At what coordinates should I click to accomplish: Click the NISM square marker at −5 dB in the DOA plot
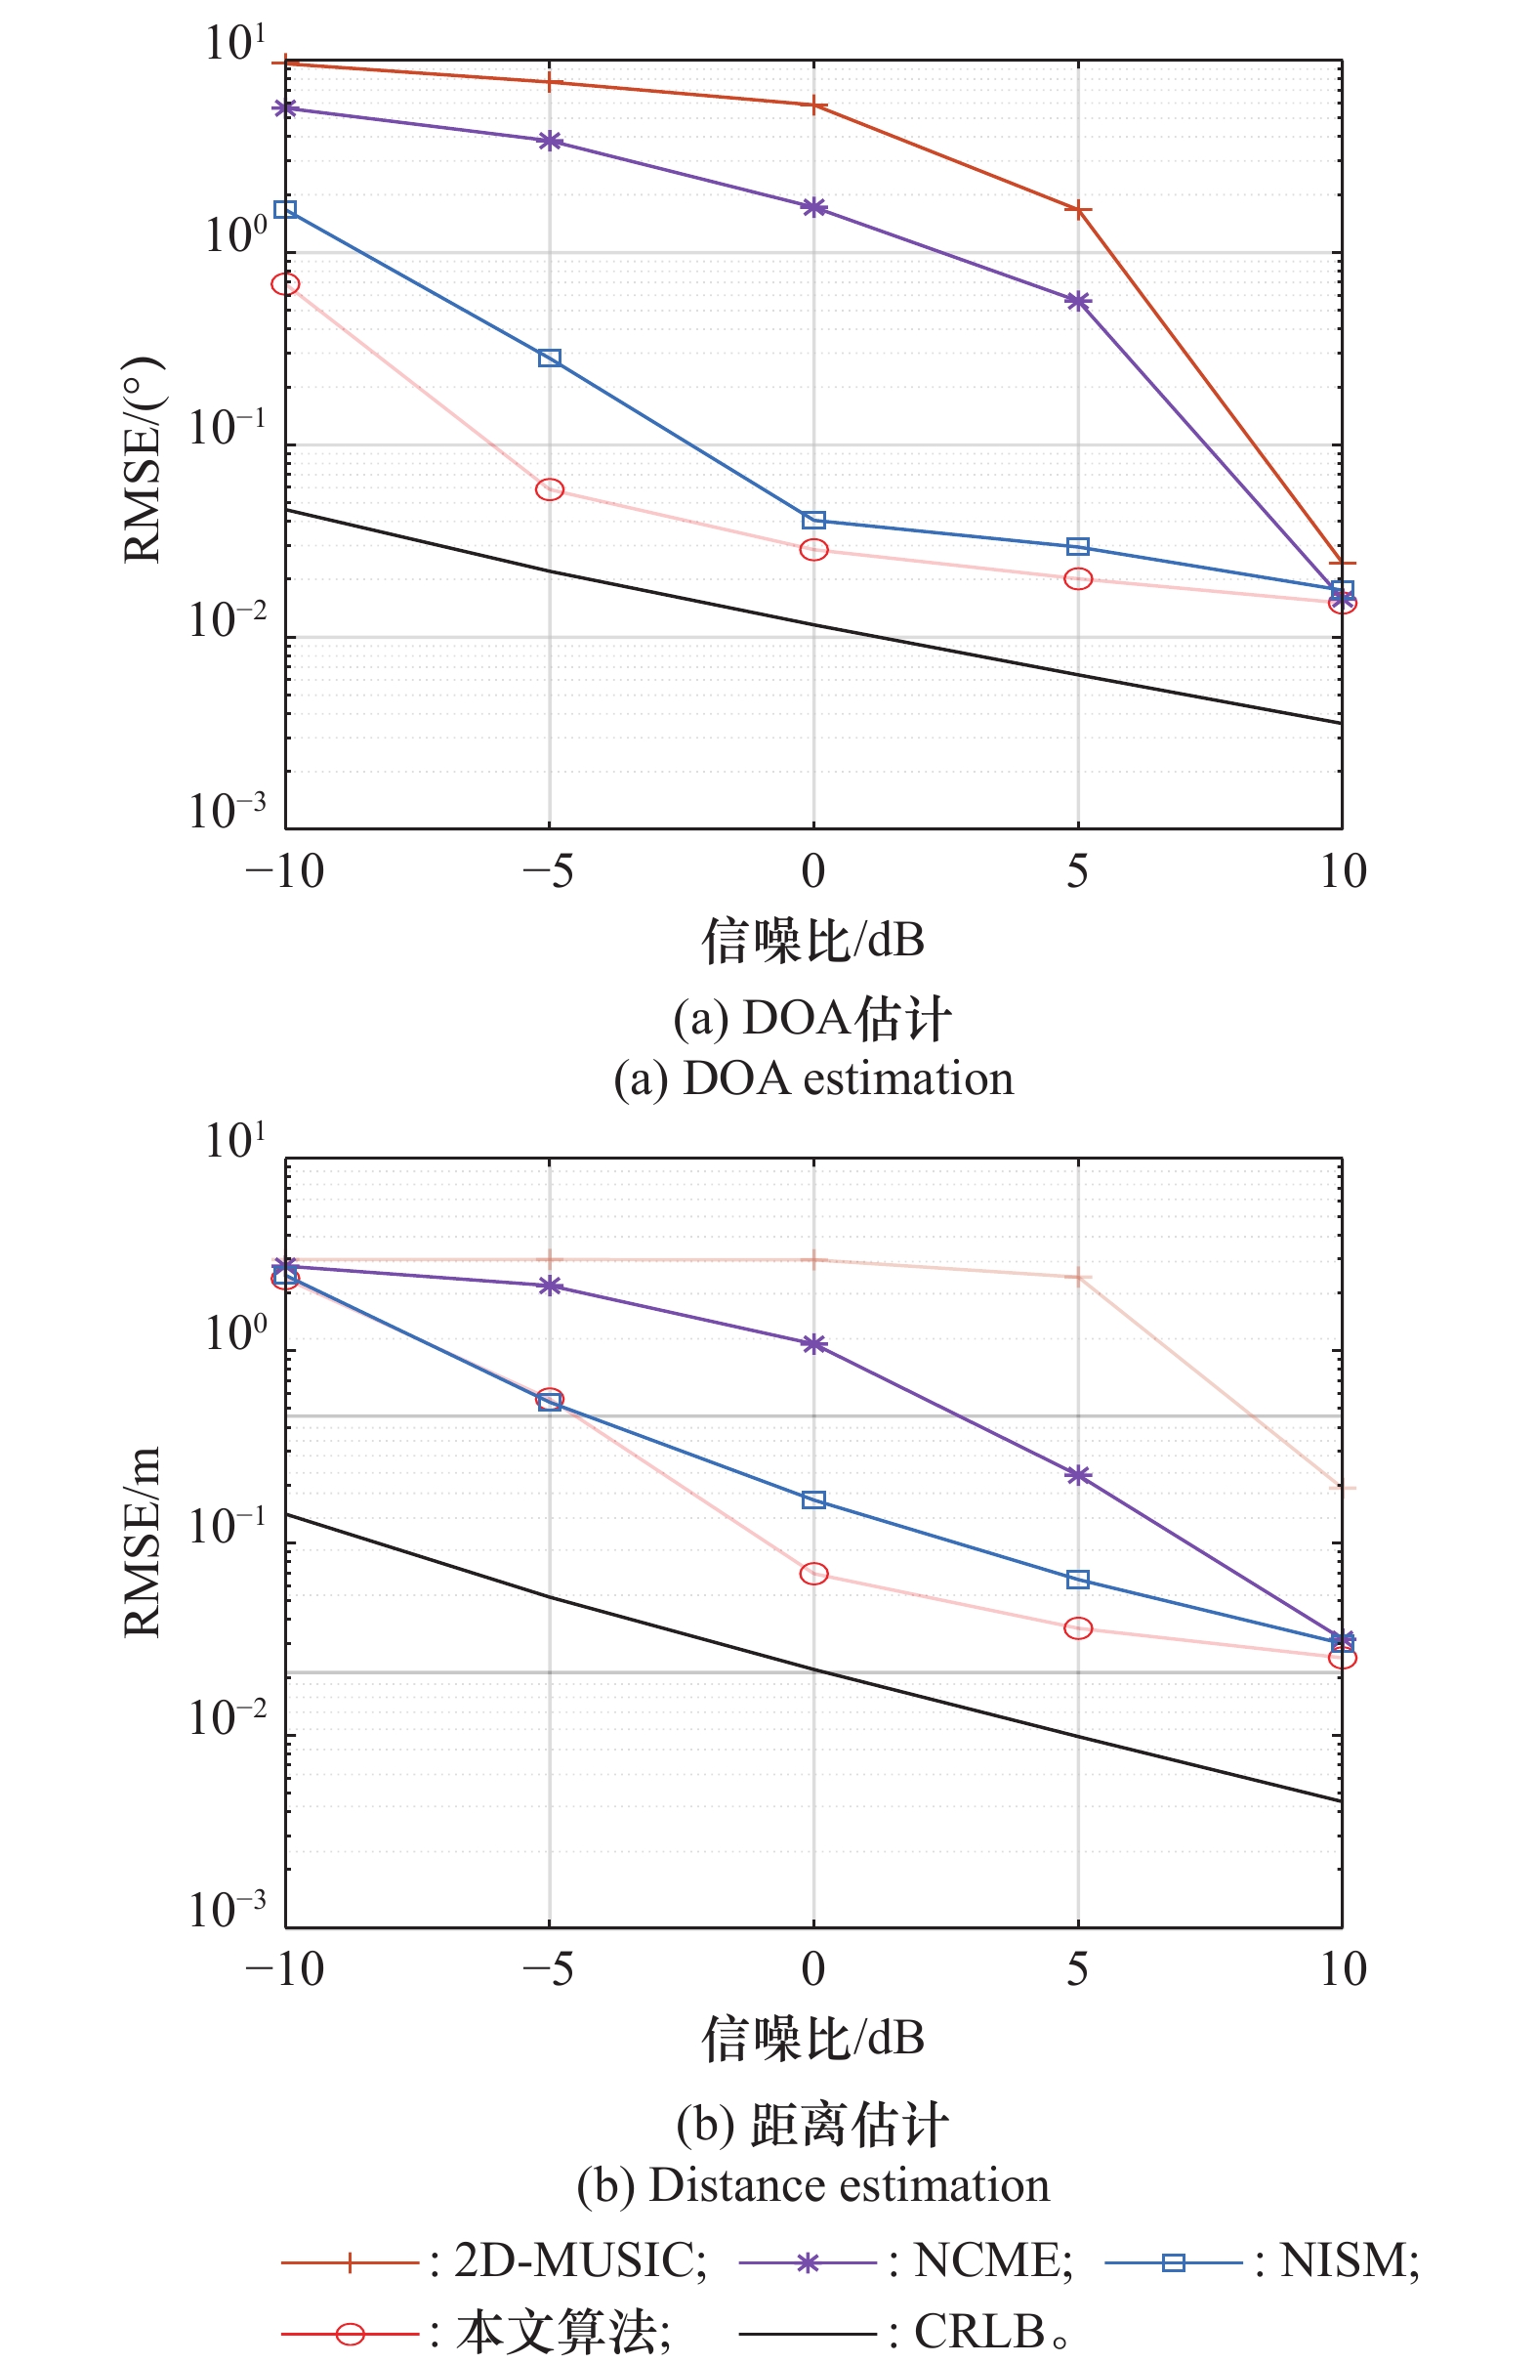point(549,358)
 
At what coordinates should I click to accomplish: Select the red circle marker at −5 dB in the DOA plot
point(549,489)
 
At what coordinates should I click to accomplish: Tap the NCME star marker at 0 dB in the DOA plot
point(813,208)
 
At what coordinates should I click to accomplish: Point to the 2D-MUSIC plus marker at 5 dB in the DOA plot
point(1077,211)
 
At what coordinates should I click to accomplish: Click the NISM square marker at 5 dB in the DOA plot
point(1077,546)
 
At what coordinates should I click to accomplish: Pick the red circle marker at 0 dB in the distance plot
point(813,1574)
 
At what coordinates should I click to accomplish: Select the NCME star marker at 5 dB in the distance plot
point(1077,1475)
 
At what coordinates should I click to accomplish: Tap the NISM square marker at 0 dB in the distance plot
point(813,1499)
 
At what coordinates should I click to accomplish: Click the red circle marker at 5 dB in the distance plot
point(1077,1628)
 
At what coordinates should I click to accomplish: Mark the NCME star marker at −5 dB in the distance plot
point(549,1287)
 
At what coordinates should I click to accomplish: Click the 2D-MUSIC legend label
point(580,2260)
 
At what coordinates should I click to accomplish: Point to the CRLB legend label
point(979,2330)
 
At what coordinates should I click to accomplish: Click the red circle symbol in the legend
point(350,2332)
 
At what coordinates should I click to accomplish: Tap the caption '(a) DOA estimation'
point(813,1078)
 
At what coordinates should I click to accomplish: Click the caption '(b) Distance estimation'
point(813,2185)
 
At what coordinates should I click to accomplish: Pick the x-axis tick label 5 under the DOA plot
point(1077,872)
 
